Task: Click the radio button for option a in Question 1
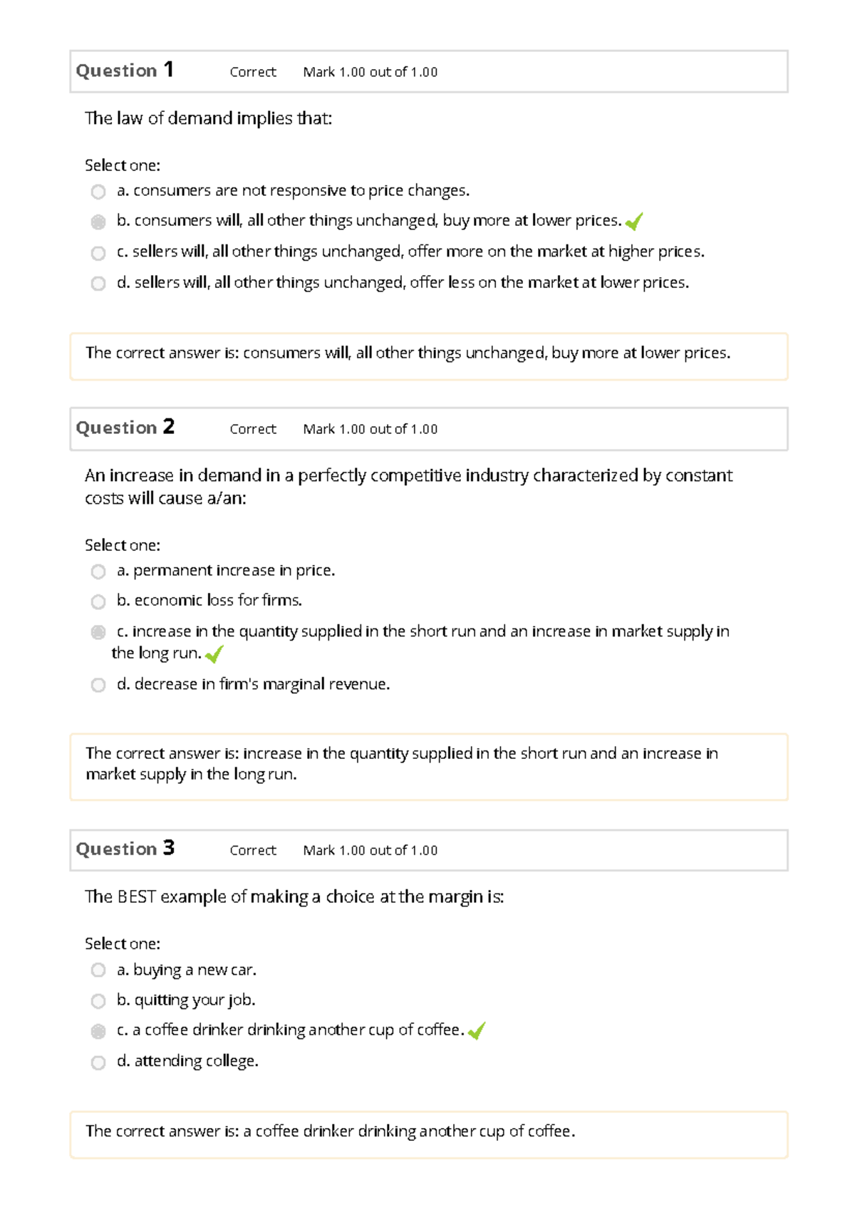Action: pos(98,192)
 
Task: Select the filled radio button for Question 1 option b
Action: pos(98,222)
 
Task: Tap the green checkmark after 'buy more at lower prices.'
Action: pos(634,222)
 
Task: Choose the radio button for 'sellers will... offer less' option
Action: pos(98,284)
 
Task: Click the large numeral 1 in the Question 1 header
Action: pos(168,70)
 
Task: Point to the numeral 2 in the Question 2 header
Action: pos(168,427)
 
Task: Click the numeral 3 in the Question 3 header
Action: pos(168,848)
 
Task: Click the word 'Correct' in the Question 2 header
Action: pos(253,429)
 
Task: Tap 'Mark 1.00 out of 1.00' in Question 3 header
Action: pos(370,850)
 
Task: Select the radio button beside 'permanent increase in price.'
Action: pos(98,572)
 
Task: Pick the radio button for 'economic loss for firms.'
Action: pos(98,602)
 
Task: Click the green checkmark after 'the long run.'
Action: pos(214,654)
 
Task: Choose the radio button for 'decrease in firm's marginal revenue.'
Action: pos(98,685)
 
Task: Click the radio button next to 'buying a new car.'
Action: pos(98,971)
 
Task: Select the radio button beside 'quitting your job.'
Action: pos(98,1001)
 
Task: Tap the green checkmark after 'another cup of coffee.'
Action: pos(477,1030)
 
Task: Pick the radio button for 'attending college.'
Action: pos(98,1062)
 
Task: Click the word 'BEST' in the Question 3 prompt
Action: pos(136,896)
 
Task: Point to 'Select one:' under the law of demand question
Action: pos(123,165)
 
